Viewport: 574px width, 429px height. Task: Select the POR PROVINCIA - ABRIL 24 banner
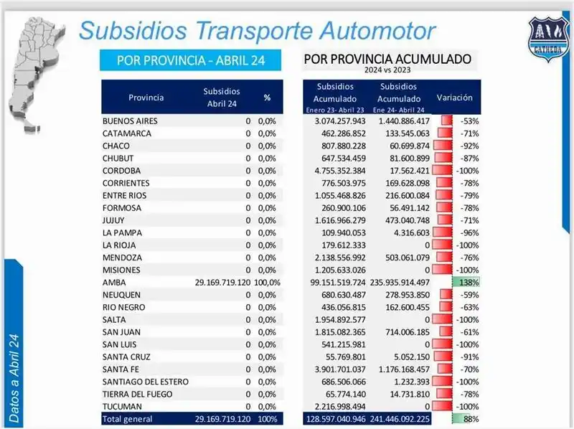(x=190, y=60)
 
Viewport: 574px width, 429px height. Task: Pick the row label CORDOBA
(x=121, y=171)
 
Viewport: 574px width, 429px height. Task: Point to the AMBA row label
(x=114, y=283)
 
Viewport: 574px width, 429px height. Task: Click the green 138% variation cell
(x=465, y=283)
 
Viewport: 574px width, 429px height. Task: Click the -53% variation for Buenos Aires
(x=470, y=121)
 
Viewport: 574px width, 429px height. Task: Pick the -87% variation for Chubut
(x=470, y=159)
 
